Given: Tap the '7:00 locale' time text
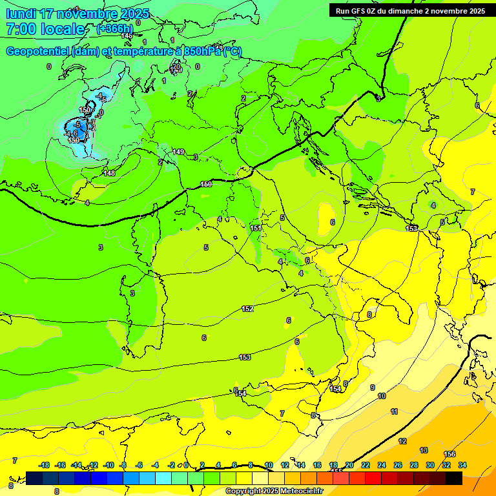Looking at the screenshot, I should (x=45, y=29).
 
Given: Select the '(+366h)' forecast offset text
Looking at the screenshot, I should (x=114, y=29).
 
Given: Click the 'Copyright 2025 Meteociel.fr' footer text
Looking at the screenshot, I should (x=274, y=491).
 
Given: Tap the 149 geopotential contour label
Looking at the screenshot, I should (x=178, y=152).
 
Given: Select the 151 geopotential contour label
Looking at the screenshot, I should (x=256, y=228).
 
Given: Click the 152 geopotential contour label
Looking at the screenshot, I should (x=247, y=309).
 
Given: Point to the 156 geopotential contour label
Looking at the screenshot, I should (x=449, y=454).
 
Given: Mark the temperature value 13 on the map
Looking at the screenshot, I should (x=424, y=450).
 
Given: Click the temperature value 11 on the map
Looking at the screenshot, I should (x=394, y=411).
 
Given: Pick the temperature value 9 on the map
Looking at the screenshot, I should (x=373, y=387).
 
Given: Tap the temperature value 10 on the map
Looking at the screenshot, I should (x=382, y=396).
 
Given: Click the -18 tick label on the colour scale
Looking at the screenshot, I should (x=45, y=465).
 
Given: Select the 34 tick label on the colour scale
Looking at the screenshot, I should (x=462, y=465).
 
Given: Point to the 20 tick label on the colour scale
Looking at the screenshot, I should (x=349, y=465).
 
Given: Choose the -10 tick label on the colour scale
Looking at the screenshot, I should (x=108, y=465).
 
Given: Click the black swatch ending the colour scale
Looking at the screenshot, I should (x=454, y=478).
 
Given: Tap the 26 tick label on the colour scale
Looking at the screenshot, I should (x=398, y=465).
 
